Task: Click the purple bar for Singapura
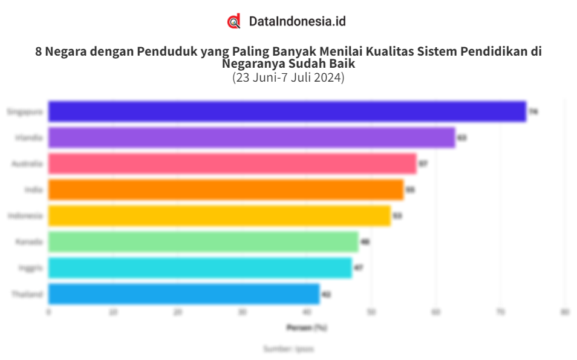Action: point(287,112)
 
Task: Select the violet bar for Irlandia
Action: point(252,138)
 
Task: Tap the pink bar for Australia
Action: point(232,164)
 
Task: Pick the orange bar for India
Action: point(226,190)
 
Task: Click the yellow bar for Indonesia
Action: point(219,216)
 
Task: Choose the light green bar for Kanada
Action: point(203,242)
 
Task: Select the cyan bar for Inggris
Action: point(200,268)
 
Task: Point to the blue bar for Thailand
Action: point(184,294)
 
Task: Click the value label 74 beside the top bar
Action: point(533,112)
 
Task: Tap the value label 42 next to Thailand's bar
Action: point(326,295)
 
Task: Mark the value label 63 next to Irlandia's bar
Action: point(461,138)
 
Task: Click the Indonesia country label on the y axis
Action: point(25,216)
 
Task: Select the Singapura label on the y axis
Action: point(25,112)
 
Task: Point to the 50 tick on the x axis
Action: point(371,312)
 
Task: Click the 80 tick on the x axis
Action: point(565,312)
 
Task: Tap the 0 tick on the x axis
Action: point(48,312)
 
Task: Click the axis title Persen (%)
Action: point(307,327)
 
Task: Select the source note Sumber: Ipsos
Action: point(288,349)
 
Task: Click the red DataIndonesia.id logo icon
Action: point(234,21)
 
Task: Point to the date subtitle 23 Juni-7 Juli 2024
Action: point(288,77)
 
